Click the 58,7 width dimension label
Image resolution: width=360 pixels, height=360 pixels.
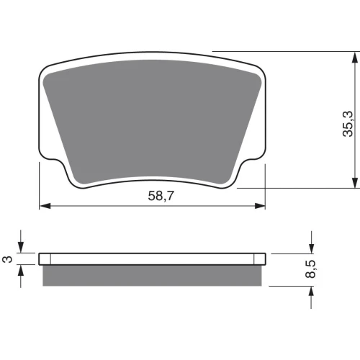[161, 196]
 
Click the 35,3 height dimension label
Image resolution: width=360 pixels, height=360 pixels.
[348, 124]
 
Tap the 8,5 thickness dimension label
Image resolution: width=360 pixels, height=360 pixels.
[310, 269]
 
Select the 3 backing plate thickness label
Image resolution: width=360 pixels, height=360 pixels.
[8, 259]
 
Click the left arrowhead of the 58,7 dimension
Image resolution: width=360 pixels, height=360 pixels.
[45, 206]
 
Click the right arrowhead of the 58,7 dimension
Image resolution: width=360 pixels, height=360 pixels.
[260, 206]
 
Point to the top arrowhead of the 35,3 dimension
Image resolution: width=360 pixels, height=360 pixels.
[355, 58]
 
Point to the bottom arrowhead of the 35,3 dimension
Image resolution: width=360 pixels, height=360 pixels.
[355, 183]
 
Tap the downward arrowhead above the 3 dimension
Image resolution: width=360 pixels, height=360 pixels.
[21, 247]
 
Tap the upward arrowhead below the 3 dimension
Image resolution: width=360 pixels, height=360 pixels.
[21, 271]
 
